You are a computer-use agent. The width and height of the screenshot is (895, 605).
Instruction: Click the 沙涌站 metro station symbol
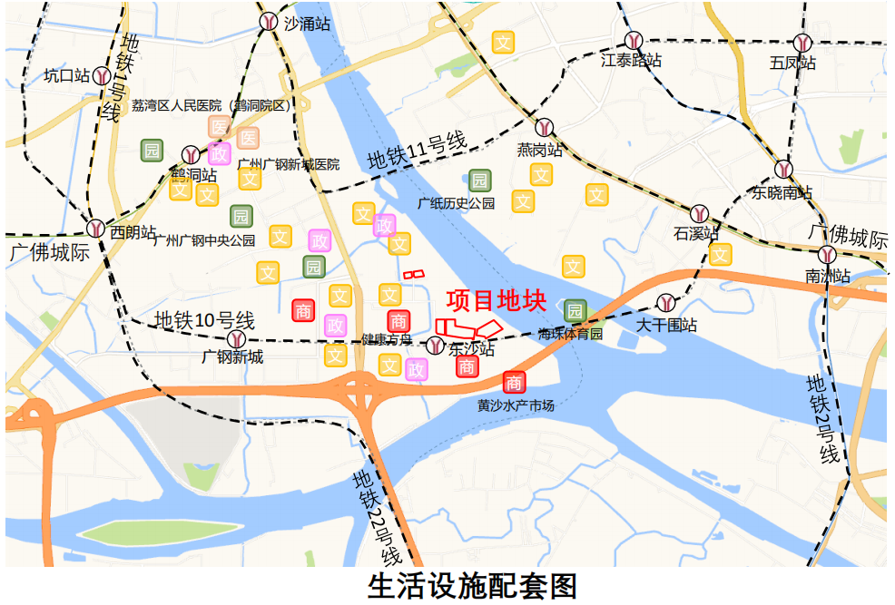[x=269, y=22]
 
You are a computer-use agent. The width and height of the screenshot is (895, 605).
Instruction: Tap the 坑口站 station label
[x=67, y=76]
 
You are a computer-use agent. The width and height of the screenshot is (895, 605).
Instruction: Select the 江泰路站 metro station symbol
[x=634, y=41]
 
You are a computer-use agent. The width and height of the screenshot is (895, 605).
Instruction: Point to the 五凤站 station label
[x=792, y=63]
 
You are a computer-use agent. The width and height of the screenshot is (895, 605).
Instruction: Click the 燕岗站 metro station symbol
[x=544, y=127]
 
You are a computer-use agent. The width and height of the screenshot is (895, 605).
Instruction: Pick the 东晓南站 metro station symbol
[x=784, y=169]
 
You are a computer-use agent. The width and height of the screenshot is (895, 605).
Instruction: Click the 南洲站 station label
[x=828, y=276]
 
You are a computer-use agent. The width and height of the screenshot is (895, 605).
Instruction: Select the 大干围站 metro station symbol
[x=666, y=302]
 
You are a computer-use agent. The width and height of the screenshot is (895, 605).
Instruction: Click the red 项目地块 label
[x=496, y=299]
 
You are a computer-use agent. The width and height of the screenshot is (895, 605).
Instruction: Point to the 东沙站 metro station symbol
[x=436, y=346]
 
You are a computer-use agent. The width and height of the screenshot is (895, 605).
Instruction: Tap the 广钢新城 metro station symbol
[x=237, y=338]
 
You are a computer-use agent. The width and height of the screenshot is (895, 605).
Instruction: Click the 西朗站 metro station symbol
[x=95, y=228]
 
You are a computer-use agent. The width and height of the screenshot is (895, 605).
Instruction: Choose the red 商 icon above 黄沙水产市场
[x=514, y=382]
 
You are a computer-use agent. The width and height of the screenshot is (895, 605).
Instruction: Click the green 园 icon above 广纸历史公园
[x=479, y=181]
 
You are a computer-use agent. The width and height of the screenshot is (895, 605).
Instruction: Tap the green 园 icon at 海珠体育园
[x=574, y=311]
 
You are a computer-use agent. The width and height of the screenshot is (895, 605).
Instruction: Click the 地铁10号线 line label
[x=204, y=320]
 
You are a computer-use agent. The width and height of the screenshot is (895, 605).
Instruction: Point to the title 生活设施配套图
[x=472, y=585]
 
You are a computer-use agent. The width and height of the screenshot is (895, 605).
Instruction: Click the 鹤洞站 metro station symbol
[x=191, y=155]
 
